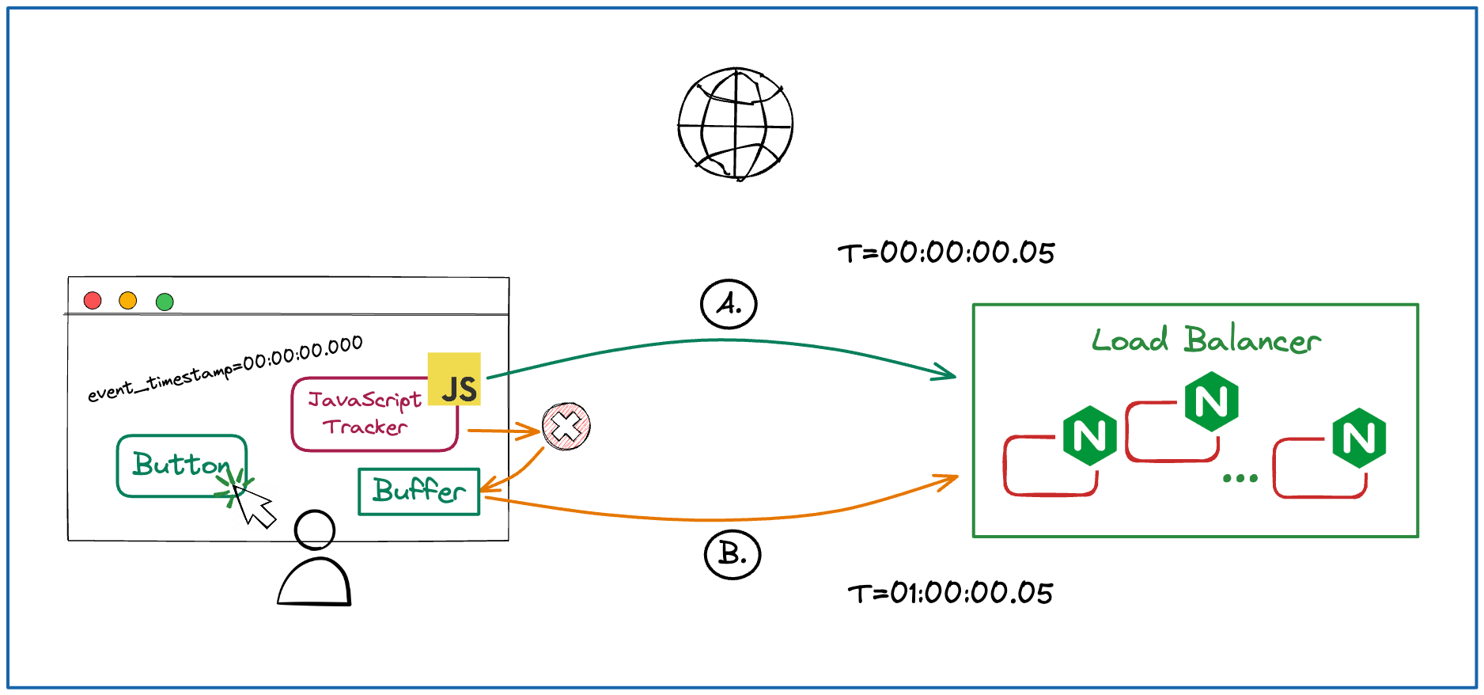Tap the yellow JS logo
454,379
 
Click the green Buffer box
418,492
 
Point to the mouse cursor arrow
254,506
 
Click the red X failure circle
566,427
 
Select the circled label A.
729,304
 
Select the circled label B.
732,555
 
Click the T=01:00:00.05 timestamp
950,593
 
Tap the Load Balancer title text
1206,340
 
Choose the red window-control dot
93,301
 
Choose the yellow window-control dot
128,301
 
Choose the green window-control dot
165,302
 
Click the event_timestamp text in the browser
225,369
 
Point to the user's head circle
314,530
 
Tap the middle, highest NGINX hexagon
1211,403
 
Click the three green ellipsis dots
1240,478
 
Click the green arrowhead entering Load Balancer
946,372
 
